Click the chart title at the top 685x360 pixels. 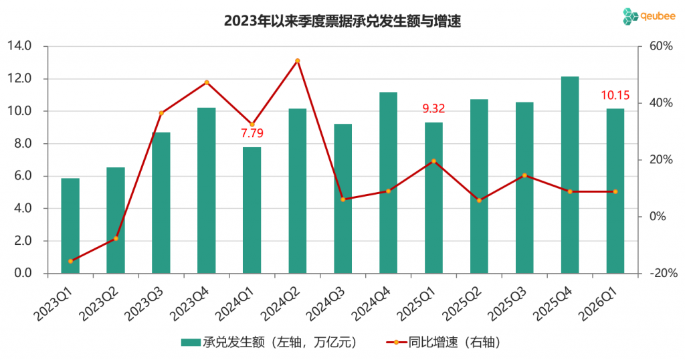click(342, 21)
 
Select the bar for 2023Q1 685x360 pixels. click(70, 226)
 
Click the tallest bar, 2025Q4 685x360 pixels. click(570, 175)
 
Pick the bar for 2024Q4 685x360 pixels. click(388, 183)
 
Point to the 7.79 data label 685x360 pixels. click(252, 133)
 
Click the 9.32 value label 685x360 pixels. click(433, 108)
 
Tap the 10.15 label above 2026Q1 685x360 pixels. click(615, 96)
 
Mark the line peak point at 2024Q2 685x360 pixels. click(297, 61)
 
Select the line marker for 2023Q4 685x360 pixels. click(207, 82)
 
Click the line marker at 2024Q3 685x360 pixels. click(342, 199)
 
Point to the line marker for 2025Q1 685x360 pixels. click(433, 161)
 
